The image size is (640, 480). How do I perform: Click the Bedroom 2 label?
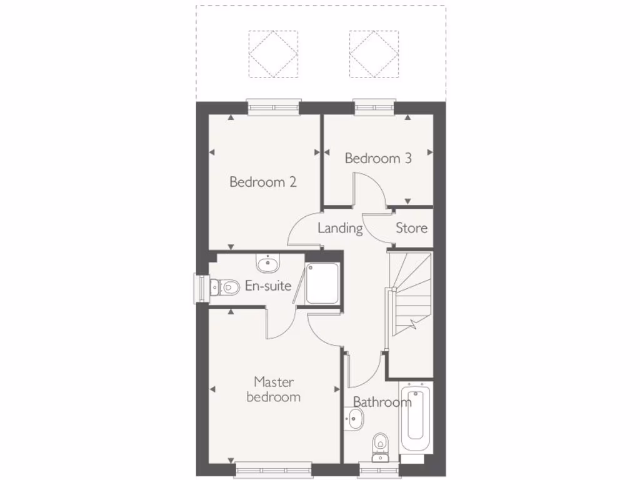(x=262, y=182)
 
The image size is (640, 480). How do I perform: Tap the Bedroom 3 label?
(x=378, y=158)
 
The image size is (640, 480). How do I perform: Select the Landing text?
(x=340, y=228)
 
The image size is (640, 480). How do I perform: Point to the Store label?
(x=411, y=228)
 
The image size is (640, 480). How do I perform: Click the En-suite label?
(x=267, y=286)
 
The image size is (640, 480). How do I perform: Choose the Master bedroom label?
(x=274, y=389)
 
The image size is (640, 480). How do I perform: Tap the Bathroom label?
(x=382, y=401)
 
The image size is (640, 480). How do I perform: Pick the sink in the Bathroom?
(x=353, y=419)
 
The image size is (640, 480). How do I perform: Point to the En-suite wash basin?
(x=269, y=263)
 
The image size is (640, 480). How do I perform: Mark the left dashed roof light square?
(x=273, y=54)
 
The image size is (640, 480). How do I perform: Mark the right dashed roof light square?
(x=373, y=54)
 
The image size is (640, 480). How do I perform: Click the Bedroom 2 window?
(x=273, y=107)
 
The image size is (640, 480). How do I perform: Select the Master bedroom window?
(x=273, y=469)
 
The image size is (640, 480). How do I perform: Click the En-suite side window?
(x=201, y=288)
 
